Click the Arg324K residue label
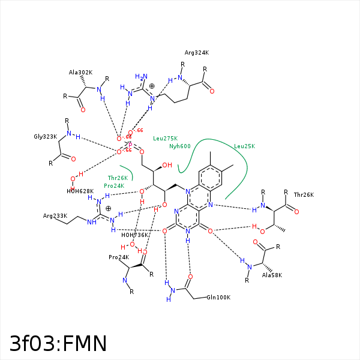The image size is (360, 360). (197, 53)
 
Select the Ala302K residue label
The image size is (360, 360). (80, 73)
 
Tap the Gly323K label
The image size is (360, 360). (45, 137)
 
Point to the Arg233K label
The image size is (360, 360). (55, 215)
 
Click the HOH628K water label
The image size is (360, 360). (79, 191)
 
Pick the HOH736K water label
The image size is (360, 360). (134, 235)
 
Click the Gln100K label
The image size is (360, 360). (218, 297)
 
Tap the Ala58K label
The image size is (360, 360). (271, 275)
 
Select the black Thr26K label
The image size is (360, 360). (304, 194)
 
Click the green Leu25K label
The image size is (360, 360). (244, 146)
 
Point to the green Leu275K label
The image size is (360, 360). (165, 138)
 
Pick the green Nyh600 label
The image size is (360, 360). (179, 146)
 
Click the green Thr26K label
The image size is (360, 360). (118, 178)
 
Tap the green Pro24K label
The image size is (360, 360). (114, 185)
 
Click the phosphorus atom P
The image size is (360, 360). (130, 145)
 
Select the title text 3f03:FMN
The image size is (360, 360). (58, 343)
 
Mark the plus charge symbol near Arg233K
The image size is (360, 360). (108, 208)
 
